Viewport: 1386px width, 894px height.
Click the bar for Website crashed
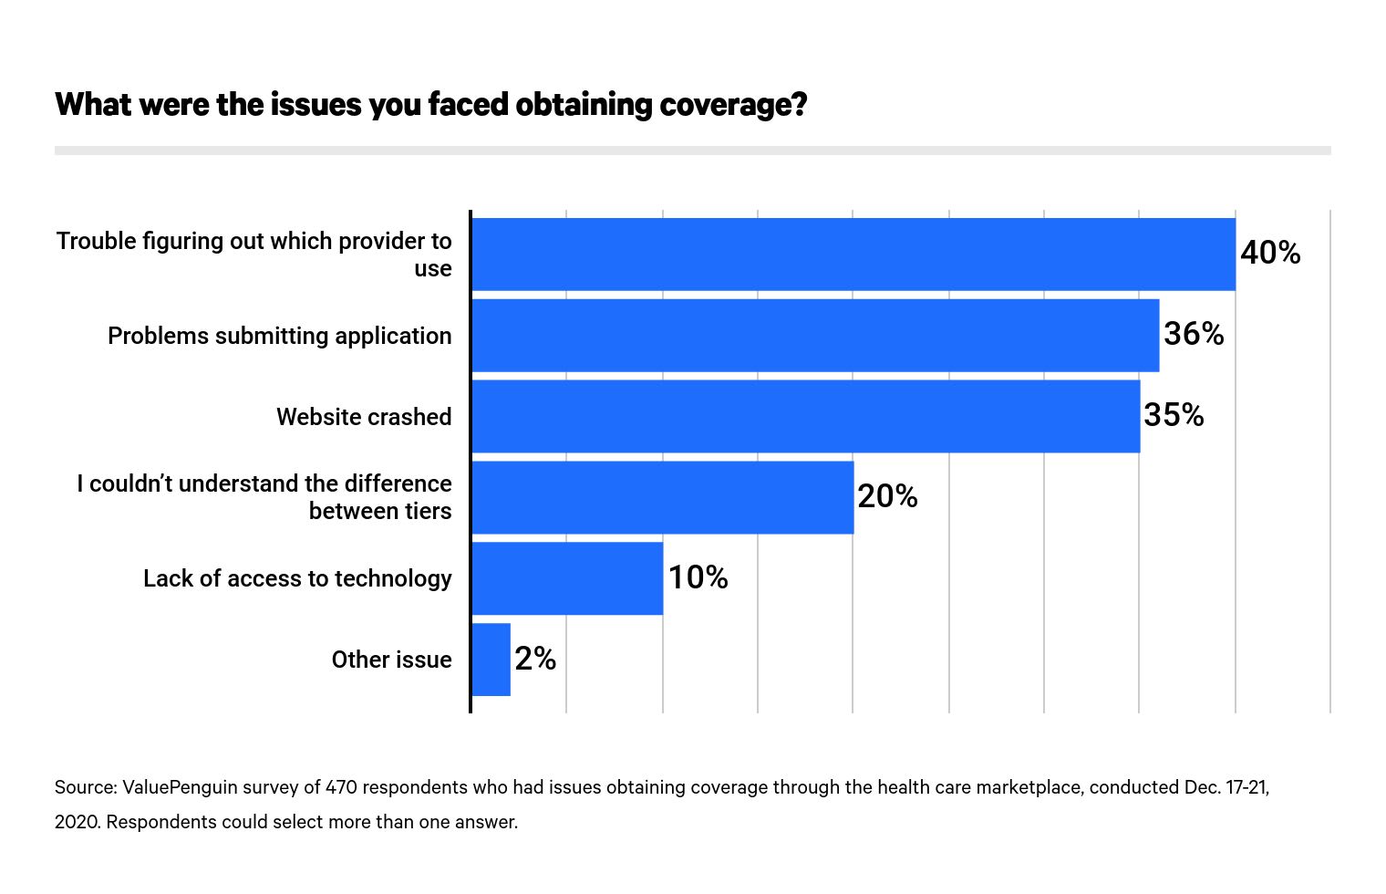[x=805, y=416]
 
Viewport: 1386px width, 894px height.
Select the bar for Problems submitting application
[x=815, y=336]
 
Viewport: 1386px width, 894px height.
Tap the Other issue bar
[x=491, y=660]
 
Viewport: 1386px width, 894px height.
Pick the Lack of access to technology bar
[x=567, y=578]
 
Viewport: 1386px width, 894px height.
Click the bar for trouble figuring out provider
[x=853, y=255]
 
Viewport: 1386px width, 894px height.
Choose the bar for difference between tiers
[x=663, y=497]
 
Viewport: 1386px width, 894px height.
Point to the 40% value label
[x=1270, y=253]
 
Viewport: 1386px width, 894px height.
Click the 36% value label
[x=1194, y=334]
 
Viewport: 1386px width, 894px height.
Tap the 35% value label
[x=1174, y=415]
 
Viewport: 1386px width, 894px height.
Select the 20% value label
[x=887, y=496]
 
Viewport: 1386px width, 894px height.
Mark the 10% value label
[x=698, y=577]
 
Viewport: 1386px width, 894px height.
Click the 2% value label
[x=535, y=659]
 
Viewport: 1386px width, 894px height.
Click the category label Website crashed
[x=364, y=417]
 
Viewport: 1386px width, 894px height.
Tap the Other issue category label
[x=391, y=660]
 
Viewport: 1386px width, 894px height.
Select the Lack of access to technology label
[x=297, y=578]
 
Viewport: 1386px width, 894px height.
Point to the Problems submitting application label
[x=279, y=336]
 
